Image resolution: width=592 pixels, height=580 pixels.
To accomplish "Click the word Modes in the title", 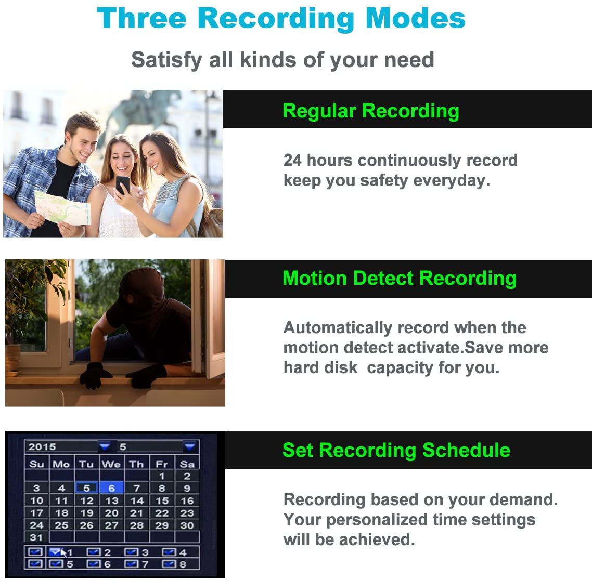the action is pyautogui.click(x=415, y=18).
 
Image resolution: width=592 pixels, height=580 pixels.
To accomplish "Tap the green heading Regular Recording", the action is pyautogui.click(x=371, y=111).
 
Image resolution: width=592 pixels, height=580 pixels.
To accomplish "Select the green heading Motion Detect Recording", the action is pyautogui.click(x=400, y=279).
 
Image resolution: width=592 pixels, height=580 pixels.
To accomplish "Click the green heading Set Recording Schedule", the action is pyautogui.click(x=396, y=450).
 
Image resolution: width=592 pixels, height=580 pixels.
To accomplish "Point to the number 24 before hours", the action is pyautogui.click(x=292, y=160).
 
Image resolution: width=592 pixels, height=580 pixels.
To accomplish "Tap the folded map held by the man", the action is pyautogui.click(x=62, y=208).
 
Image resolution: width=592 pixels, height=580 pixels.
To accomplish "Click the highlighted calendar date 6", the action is pyautogui.click(x=112, y=489).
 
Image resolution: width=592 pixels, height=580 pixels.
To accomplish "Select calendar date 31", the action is pyautogui.click(x=36, y=537).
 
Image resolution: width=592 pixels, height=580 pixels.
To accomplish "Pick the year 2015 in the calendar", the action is pyautogui.click(x=42, y=447).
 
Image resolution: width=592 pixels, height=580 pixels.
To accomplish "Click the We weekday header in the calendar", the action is pyautogui.click(x=111, y=464).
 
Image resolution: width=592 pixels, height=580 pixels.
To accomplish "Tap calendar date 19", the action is pyautogui.click(x=86, y=513).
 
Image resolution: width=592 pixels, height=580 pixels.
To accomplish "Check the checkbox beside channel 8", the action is pyautogui.click(x=169, y=564).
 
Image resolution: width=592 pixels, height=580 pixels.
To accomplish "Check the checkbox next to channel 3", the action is pyautogui.click(x=132, y=552).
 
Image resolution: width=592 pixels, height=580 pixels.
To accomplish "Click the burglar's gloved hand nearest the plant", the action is pyautogui.click(x=94, y=375).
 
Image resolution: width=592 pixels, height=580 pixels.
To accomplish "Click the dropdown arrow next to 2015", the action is pyautogui.click(x=105, y=446).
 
